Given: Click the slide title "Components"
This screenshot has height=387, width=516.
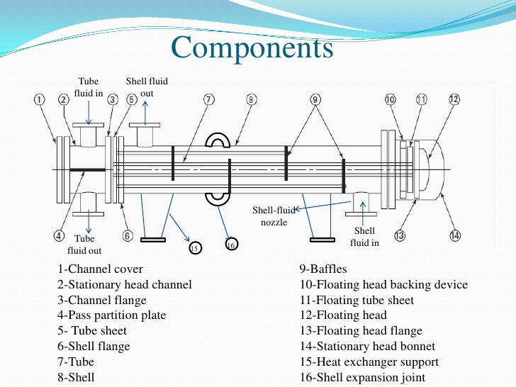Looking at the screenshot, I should (252, 47).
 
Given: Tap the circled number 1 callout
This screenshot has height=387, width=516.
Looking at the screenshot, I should (40, 100).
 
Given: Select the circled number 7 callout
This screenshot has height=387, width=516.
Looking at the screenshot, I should (208, 100).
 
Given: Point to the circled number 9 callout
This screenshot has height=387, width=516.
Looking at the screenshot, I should (315, 100).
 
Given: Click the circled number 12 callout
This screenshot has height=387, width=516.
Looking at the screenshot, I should (454, 100).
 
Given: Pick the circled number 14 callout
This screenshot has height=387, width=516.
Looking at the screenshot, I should (454, 236).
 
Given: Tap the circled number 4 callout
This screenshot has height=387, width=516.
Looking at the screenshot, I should (60, 236).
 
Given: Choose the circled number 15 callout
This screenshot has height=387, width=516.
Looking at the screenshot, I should (196, 247).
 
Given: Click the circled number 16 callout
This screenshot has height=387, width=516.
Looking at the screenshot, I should (231, 245).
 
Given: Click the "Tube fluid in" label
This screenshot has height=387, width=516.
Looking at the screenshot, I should (89, 87).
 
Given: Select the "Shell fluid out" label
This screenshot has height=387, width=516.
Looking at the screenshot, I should (147, 87).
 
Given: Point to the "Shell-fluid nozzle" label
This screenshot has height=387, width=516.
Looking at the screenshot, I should (274, 216).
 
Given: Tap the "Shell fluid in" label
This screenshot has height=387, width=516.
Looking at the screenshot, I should (364, 237).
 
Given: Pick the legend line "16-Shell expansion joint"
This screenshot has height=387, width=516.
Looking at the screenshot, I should (363, 377).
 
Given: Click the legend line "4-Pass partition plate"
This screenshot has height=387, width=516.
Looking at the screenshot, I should (112, 315).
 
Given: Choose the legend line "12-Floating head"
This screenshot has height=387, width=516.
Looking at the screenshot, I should (343, 315).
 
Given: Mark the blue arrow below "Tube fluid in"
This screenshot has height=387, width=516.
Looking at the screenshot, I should (89, 113).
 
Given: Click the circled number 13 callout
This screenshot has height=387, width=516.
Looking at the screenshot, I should (400, 236).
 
